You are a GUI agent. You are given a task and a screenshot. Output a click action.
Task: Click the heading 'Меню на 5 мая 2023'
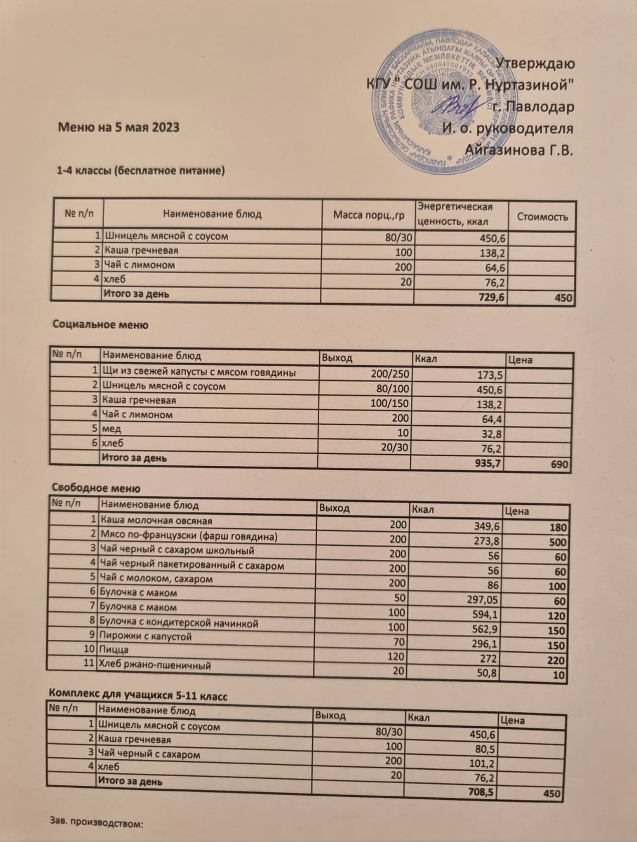[118, 127]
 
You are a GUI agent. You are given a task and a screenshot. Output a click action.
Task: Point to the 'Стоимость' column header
[542, 216]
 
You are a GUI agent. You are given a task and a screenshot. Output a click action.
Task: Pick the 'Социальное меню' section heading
[100, 325]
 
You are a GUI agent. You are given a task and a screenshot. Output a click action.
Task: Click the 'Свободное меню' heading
[96, 488]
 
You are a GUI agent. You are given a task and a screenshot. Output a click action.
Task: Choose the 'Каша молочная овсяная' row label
[156, 521]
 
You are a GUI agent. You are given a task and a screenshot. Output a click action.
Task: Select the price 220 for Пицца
[555, 660]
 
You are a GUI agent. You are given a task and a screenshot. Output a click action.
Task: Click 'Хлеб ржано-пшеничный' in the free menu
[155, 665]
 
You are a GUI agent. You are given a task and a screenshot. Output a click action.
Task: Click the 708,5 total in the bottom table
[480, 792]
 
